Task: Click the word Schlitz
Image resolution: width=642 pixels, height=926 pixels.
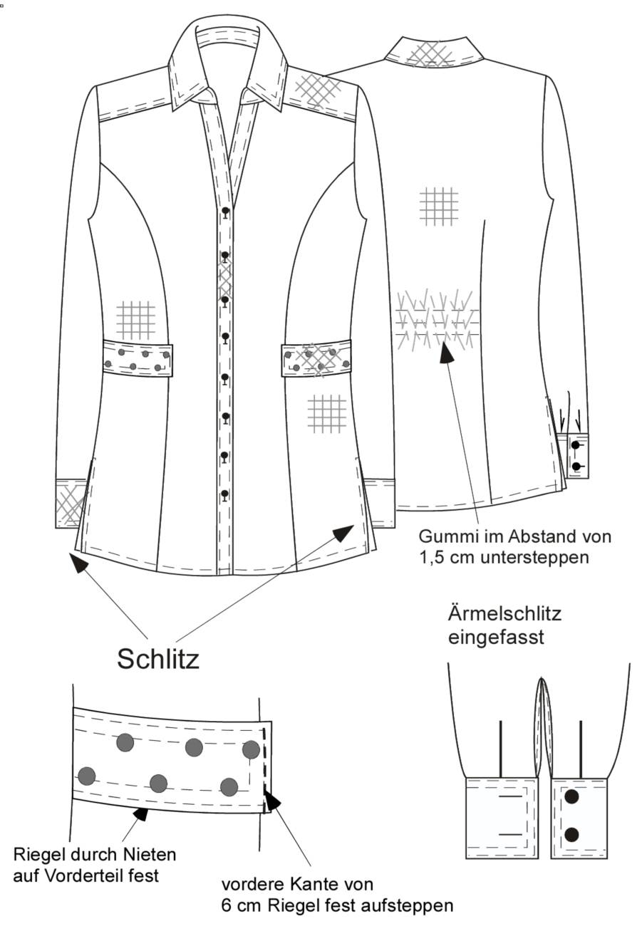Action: pyautogui.click(x=158, y=659)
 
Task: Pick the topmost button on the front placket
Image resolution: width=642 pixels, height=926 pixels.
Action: pyautogui.click(x=225, y=212)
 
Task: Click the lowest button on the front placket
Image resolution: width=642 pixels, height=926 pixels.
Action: pyautogui.click(x=224, y=494)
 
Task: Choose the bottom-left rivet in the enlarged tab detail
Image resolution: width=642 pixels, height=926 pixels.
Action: pyautogui.click(x=86, y=776)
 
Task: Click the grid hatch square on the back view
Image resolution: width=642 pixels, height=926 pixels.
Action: pyautogui.click(x=439, y=207)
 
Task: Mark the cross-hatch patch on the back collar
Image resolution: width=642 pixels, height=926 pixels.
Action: pyautogui.click(x=430, y=53)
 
